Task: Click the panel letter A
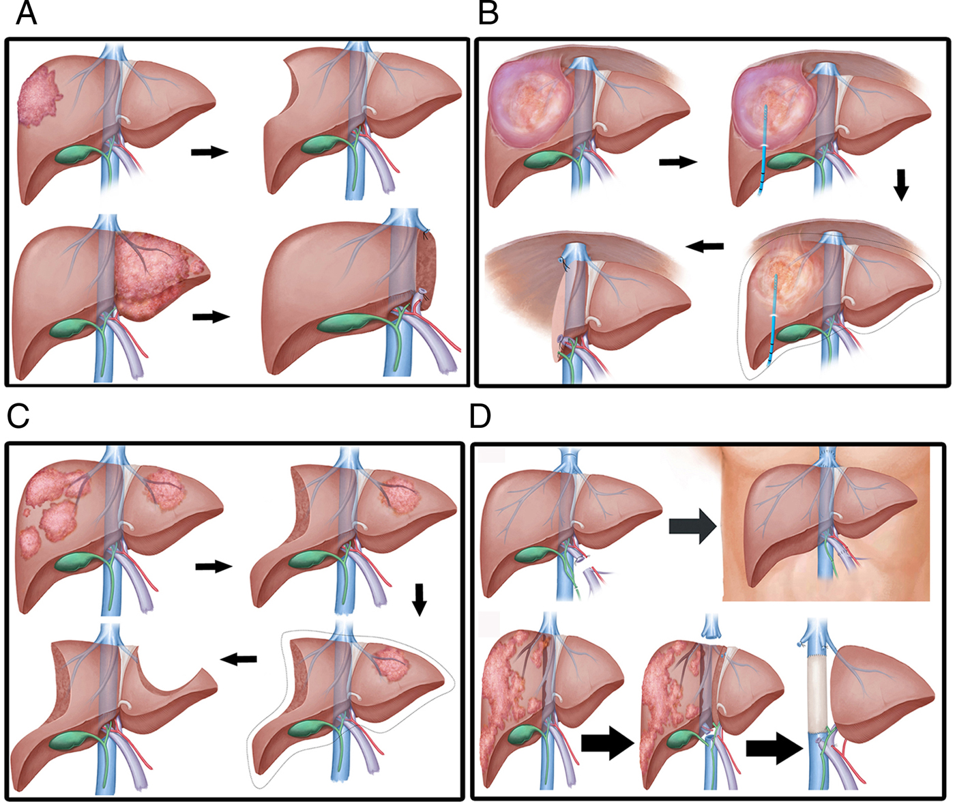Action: (25, 13)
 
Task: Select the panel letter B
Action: (488, 13)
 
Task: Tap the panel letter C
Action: (18, 416)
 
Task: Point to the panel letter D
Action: (480, 416)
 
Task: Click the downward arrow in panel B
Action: (901, 184)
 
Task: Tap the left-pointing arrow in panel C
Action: (238, 658)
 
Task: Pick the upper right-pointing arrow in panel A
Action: (209, 152)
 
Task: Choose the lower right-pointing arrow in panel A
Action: (211, 317)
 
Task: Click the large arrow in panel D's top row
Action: (692, 528)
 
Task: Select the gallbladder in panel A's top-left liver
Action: (76, 153)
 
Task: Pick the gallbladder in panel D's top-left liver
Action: (537, 554)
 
